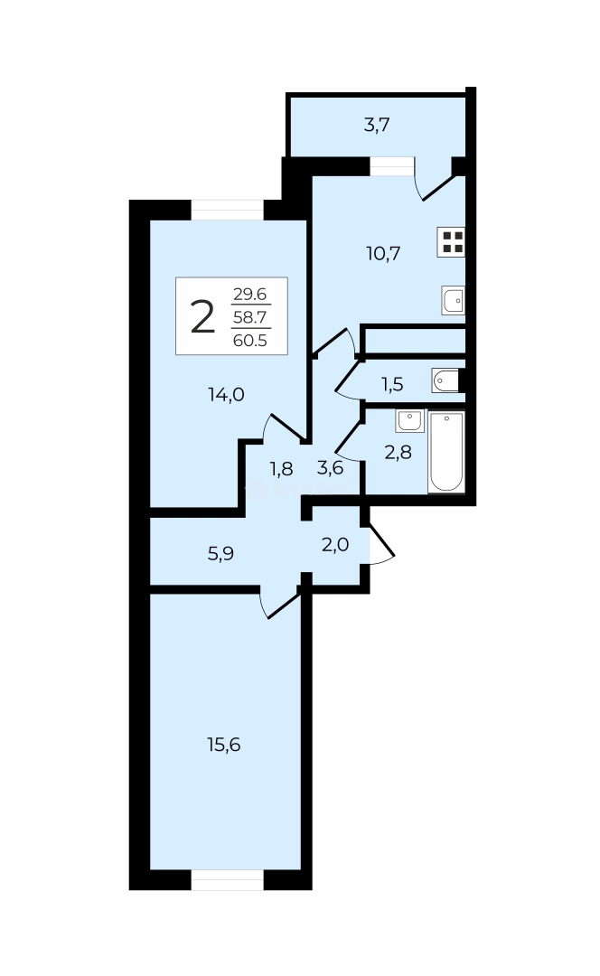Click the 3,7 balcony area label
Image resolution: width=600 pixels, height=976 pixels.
point(377,125)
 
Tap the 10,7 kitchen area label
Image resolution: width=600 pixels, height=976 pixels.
point(383,253)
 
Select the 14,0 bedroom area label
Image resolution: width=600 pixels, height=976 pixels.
point(227,394)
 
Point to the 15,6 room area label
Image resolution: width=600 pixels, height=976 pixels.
point(223,745)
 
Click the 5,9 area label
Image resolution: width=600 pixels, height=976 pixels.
point(220,553)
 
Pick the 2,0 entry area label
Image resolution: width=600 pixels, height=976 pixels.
point(335,545)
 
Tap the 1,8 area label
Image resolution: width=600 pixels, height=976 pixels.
point(281,468)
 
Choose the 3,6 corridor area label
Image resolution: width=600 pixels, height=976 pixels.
point(330,467)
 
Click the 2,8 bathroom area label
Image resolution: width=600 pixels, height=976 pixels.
point(398,452)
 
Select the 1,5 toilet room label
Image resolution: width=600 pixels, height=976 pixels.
point(392,384)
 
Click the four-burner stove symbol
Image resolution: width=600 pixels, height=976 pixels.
point(452,241)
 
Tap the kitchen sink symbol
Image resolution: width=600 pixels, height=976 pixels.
point(453,300)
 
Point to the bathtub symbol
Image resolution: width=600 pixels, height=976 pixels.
point(446,451)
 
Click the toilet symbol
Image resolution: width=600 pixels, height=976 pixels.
point(445,380)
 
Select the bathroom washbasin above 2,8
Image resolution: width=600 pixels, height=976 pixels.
point(409,421)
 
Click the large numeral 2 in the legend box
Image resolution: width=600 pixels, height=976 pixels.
point(202,316)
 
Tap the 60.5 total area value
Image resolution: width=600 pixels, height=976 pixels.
point(249,341)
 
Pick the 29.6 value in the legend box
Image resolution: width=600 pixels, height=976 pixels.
point(249,294)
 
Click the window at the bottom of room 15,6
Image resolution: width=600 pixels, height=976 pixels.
point(227,879)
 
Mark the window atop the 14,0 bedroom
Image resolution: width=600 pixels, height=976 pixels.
point(227,210)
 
